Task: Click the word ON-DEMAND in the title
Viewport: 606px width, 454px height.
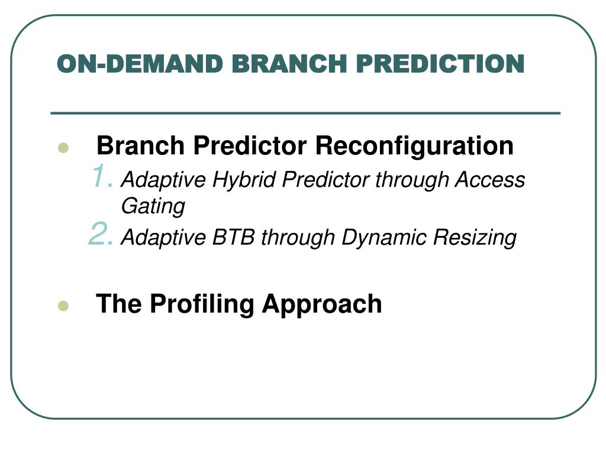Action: click(140, 64)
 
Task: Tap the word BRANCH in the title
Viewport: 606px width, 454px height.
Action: click(289, 64)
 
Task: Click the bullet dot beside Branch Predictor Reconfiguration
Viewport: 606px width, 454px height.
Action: click(63, 147)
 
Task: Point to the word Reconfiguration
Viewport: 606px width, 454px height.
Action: click(414, 146)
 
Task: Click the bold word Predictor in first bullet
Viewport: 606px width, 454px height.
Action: click(250, 145)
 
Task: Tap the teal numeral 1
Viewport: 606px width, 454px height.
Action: click(103, 176)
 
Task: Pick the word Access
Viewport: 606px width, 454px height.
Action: click(489, 180)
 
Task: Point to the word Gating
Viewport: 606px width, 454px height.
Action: click(153, 206)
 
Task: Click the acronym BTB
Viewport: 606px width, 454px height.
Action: click(233, 237)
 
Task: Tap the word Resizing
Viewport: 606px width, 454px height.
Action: click(475, 238)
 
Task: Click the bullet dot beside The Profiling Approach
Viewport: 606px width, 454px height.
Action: click(63, 306)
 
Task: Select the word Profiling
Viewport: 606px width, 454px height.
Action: click(202, 305)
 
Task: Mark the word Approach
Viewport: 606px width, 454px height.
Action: click(322, 305)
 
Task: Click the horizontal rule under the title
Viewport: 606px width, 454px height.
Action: click(305, 113)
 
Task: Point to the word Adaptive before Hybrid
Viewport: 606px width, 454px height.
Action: click(163, 180)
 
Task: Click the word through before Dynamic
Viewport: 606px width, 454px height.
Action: click(298, 238)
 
